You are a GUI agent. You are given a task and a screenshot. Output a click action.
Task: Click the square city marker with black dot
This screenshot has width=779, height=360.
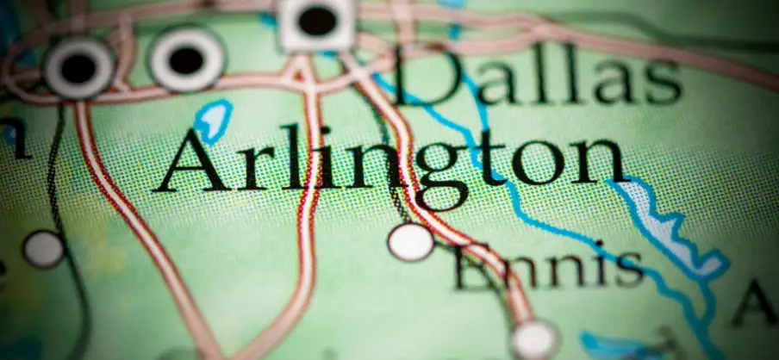(x=317, y=22)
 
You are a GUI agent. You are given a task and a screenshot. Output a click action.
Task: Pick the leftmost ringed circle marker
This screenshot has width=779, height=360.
(x=78, y=66)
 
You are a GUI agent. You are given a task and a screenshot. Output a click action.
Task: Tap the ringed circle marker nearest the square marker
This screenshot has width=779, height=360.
(x=187, y=59)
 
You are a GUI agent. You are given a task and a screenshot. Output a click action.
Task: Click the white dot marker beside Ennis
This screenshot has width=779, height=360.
(x=410, y=241)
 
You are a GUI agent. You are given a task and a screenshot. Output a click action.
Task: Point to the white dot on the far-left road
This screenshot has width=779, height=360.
(x=42, y=249)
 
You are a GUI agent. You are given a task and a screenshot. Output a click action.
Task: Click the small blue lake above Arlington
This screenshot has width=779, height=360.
(x=213, y=119)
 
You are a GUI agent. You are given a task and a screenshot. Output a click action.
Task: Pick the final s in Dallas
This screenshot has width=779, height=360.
(x=663, y=84)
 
